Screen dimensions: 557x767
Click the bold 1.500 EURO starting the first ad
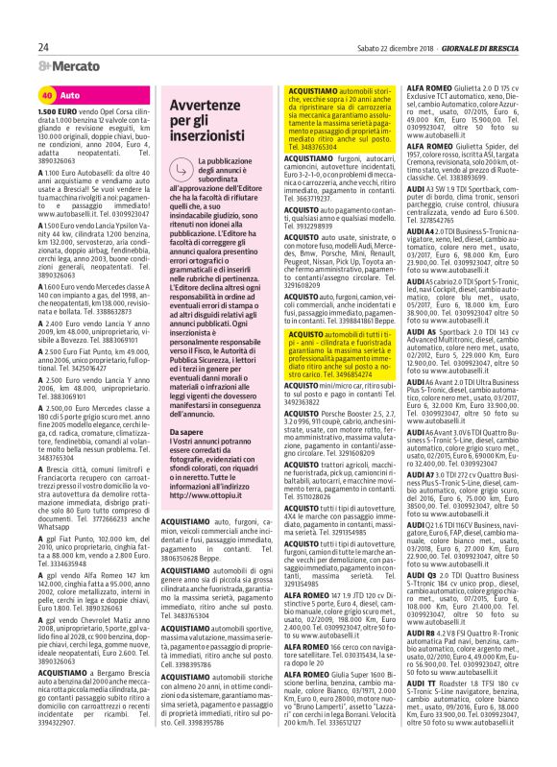coord(56,112)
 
